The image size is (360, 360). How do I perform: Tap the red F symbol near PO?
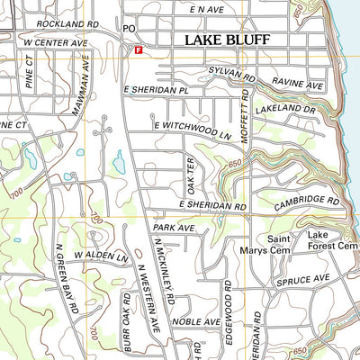tap(138, 51)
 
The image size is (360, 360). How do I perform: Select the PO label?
tap(129, 29)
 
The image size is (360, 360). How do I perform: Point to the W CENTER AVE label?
tap(56, 42)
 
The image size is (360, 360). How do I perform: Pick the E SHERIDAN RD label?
tap(212, 206)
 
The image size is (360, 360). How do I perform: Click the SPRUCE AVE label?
tap(310, 279)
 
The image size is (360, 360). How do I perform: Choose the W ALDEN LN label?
tap(103, 256)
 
